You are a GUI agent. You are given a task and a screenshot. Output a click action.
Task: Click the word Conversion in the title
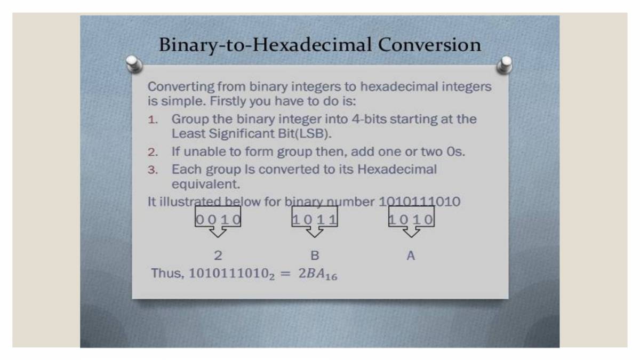point(429,45)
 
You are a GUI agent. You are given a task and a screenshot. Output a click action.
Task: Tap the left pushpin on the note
point(134,64)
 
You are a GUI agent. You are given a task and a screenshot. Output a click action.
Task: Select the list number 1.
point(153,120)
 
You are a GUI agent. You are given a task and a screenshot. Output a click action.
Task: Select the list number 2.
point(153,153)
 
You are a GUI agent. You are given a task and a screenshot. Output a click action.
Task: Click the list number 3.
point(153,171)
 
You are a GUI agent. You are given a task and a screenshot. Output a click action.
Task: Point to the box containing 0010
point(218,218)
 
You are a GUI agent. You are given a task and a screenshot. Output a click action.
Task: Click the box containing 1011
point(315,218)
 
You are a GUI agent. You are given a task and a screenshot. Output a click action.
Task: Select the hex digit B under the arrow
point(315,256)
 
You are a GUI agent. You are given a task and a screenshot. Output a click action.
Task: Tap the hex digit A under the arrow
point(411,256)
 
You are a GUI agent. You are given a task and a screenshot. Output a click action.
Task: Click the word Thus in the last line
point(167,273)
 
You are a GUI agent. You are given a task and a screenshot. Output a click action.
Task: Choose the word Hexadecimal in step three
point(397,170)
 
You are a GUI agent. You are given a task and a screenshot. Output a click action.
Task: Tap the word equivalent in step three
point(206,185)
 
